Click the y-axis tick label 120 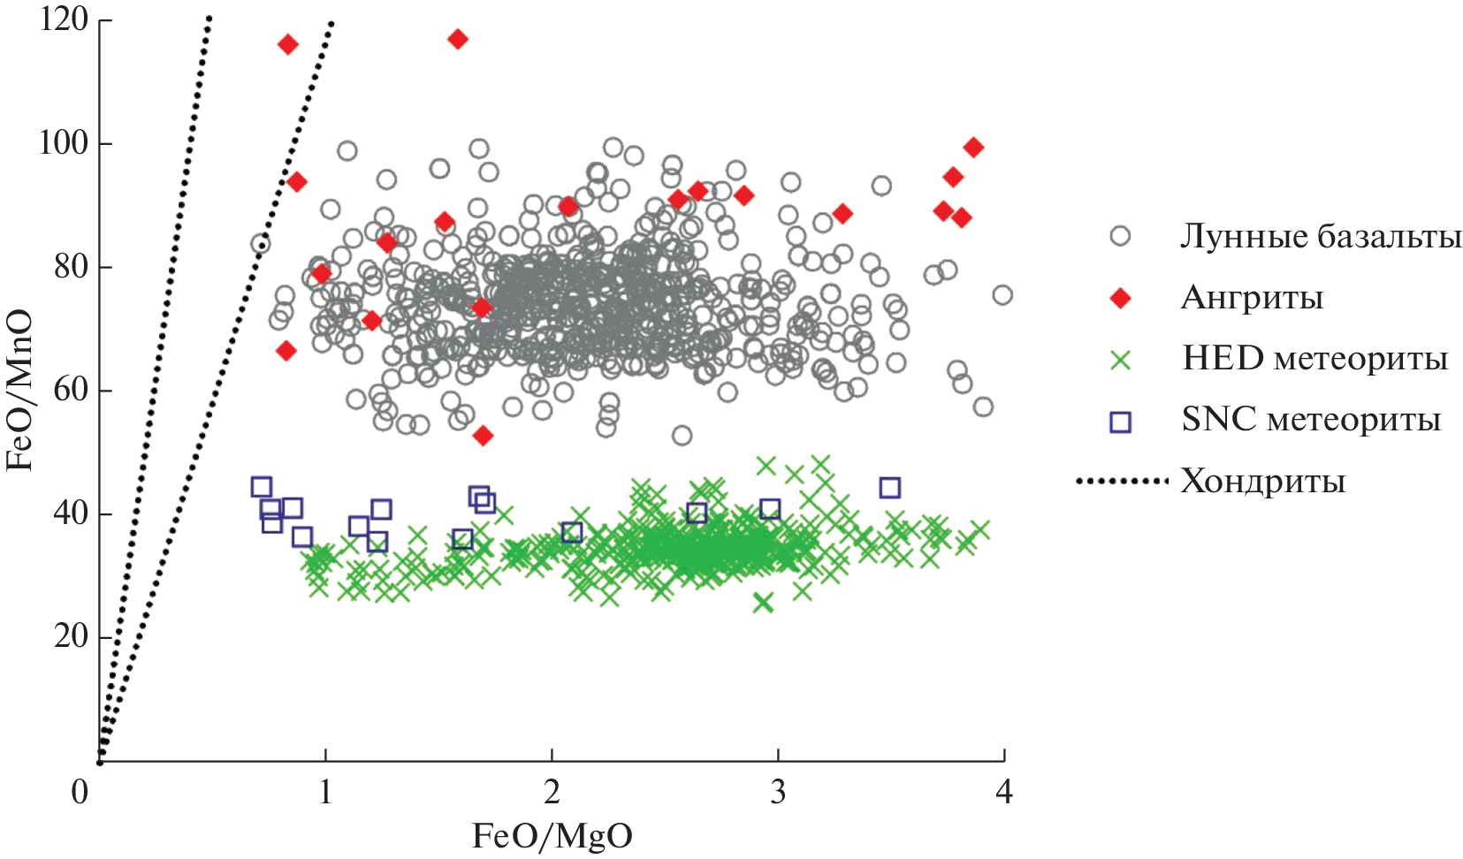64,19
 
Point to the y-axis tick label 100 64,142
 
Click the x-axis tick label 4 1003,792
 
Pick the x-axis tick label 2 552,792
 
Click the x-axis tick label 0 80,792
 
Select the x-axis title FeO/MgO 552,836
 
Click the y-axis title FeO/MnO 19,390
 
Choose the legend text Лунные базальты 1321,236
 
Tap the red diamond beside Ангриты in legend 1120,299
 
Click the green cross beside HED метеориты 1120,360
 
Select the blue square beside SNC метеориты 1120,422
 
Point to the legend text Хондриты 1262,482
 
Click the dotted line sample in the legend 1122,482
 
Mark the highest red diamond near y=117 457,39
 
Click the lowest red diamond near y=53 483,436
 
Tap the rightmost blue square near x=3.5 889,488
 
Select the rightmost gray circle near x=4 1002,295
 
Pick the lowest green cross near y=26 763,603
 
